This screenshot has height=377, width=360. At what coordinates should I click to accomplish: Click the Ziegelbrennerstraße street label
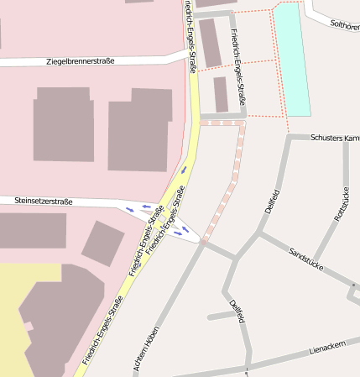click(x=81, y=61)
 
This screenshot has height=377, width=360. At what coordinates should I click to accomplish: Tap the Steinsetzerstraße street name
click(x=43, y=202)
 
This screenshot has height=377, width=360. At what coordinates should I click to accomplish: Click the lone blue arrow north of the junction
click(x=184, y=170)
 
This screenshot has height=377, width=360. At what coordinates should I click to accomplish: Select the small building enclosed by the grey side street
click(x=221, y=94)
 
